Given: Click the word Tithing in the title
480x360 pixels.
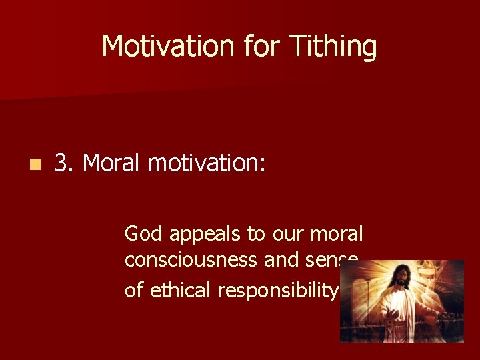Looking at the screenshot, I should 333,47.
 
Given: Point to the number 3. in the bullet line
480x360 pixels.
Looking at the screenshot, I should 65,163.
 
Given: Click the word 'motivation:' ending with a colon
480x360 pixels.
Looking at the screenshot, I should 207,163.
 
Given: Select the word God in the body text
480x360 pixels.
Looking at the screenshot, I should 145,234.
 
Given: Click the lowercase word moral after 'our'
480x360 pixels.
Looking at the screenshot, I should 338,234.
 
